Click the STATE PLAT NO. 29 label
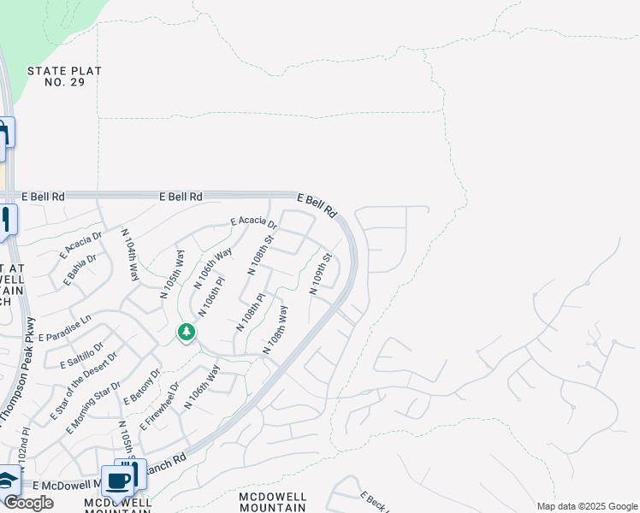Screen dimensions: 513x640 click(64, 78)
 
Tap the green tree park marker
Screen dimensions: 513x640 click(187, 332)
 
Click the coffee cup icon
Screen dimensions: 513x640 click(119, 481)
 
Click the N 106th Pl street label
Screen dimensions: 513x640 click(211, 295)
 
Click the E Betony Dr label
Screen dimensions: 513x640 click(142, 386)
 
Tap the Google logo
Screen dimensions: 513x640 click(27, 503)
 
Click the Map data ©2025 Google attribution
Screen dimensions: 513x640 click(587, 506)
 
